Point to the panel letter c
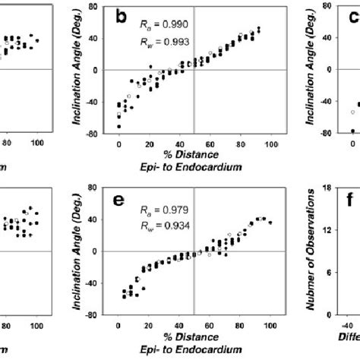[352, 16]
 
